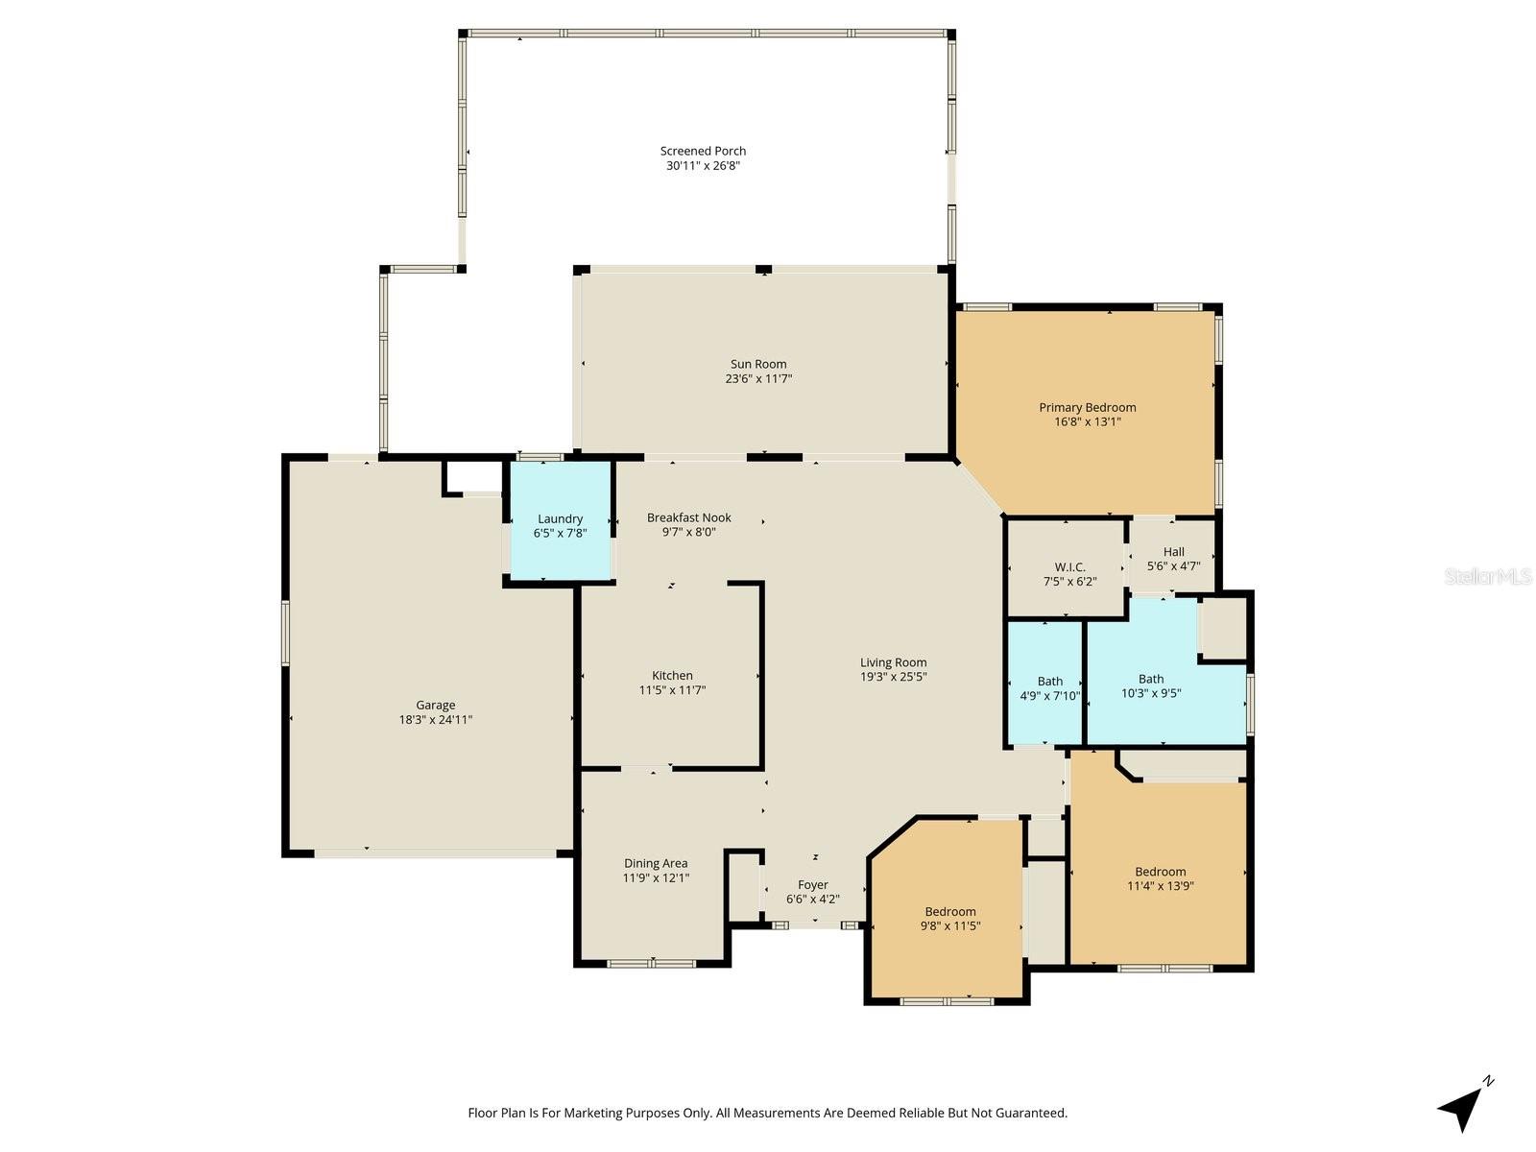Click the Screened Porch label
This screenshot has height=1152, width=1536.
pyautogui.click(x=703, y=151)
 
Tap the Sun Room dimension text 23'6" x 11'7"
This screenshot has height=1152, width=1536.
pyautogui.click(x=758, y=378)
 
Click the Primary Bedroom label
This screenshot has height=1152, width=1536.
pyautogui.click(x=1087, y=407)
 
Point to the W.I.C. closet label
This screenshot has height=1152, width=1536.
pyautogui.click(x=1069, y=567)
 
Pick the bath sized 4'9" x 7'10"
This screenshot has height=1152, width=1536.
pyautogui.click(x=1049, y=688)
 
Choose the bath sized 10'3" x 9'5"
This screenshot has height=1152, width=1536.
pyautogui.click(x=1151, y=685)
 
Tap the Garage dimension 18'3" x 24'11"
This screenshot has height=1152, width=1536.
pyautogui.click(x=436, y=719)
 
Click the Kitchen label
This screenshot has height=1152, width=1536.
pyautogui.click(x=672, y=675)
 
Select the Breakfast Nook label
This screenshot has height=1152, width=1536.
pyautogui.click(x=688, y=517)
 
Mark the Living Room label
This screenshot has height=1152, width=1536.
pyautogui.click(x=893, y=662)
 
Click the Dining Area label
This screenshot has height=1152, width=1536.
pyautogui.click(x=656, y=863)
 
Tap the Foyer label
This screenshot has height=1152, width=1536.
pyautogui.click(x=812, y=885)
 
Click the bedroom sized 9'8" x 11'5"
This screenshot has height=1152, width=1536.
pyautogui.click(x=950, y=919)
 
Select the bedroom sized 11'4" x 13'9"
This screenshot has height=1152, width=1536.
pyautogui.click(x=1160, y=878)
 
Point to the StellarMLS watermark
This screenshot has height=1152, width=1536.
pyautogui.click(x=1487, y=577)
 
